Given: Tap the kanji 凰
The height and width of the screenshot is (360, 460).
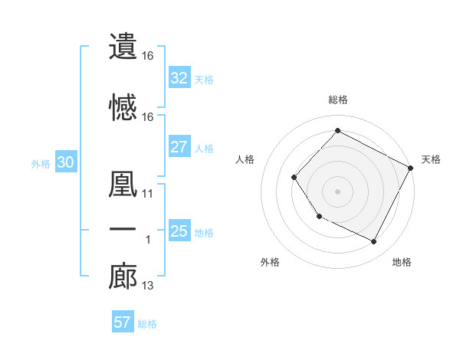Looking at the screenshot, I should click(x=122, y=185).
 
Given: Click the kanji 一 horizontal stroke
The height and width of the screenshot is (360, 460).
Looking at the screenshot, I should click(x=122, y=231).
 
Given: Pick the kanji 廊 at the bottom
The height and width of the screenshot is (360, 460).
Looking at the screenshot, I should click(x=122, y=277).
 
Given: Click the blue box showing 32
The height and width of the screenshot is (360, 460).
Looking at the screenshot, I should click(x=179, y=78).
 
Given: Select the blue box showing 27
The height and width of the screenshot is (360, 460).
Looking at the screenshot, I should click(x=179, y=147).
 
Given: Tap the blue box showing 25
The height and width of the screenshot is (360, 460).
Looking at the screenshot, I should click(x=179, y=231).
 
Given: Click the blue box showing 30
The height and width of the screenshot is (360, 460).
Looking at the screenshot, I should click(x=64, y=162).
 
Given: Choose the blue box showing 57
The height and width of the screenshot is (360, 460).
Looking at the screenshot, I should click(x=122, y=322).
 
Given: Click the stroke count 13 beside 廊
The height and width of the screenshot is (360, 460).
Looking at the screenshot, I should click(x=148, y=286).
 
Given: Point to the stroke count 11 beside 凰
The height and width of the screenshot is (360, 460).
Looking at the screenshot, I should click(x=148, y=194).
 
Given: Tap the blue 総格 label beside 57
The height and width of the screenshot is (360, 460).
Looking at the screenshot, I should click(x=147, y=324).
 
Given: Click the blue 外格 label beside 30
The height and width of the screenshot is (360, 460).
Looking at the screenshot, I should click(x=40, y=164).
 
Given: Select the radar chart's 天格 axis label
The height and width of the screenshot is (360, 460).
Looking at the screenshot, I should click(x=431, y=159).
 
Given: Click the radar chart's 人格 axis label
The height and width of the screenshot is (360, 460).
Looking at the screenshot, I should click(x=245, y=159).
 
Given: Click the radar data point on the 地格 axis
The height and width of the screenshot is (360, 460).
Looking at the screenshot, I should click(x=374, y=242).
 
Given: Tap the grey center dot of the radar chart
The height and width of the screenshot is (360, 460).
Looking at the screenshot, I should click(x=337, y=191).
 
